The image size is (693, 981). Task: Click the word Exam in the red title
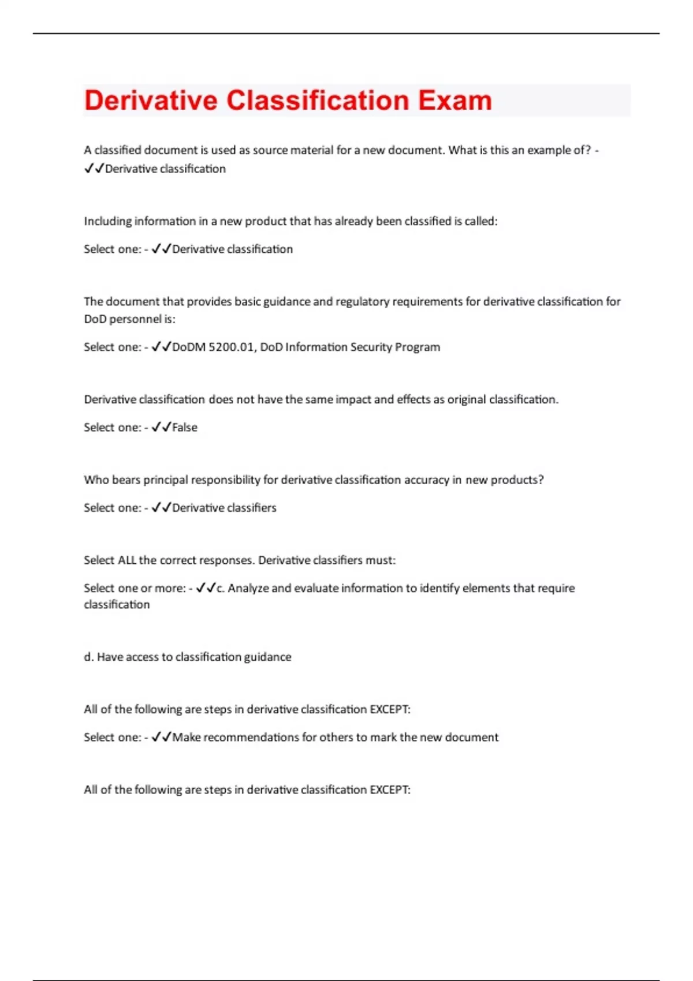454,100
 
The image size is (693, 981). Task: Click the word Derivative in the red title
150,100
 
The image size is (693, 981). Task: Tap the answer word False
185,428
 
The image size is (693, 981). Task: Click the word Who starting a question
96,480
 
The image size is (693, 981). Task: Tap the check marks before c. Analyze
205,588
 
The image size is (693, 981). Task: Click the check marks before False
161,428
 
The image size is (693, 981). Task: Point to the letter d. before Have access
88,657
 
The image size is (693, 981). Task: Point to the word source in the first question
270,150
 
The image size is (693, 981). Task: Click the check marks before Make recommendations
161,737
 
